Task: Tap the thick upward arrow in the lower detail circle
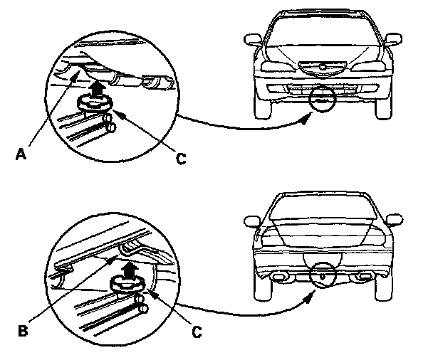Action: pyautogui.click(x=128, y=269)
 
